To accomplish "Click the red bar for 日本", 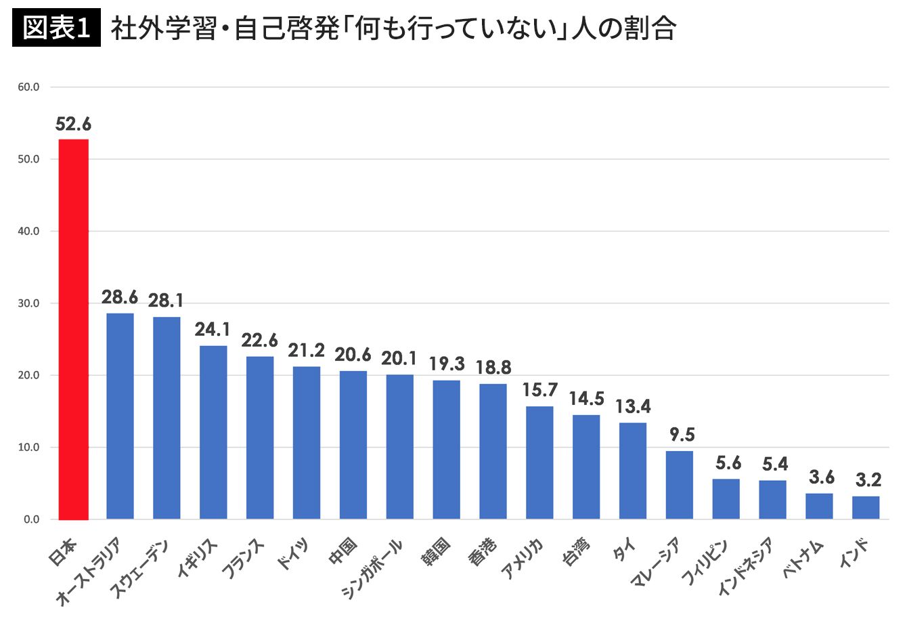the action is click(x=74, y=329).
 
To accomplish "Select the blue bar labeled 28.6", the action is click(x=120, y=416).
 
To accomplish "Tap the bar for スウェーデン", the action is click(x=167, y=418).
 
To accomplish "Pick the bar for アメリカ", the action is click(x=539, y=463).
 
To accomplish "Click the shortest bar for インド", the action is click(x=866, y=508).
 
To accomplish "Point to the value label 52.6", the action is click(x=73, y=124).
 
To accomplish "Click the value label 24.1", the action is click(x=212, y=329).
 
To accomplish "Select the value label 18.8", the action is click(x=493, y=368).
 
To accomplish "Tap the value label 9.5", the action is click(x=682, y=435).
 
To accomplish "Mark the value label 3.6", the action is click(x=822, y=477).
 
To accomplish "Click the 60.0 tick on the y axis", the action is click(x=28, y=87).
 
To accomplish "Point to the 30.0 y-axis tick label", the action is click(x=28, y=303).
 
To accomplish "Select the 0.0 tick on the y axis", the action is click(x=31, y=519).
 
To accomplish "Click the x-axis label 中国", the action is click(x=342, y=551).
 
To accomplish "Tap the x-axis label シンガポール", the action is click(x=372, y=569).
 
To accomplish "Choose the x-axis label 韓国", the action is click(x=436, y=551).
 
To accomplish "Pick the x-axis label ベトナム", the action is click(x=803, y=559).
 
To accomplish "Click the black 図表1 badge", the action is click(x=56, y=28).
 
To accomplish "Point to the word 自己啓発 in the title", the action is click(x=287, y=28).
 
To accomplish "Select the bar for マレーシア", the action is click(x=680, y=485).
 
